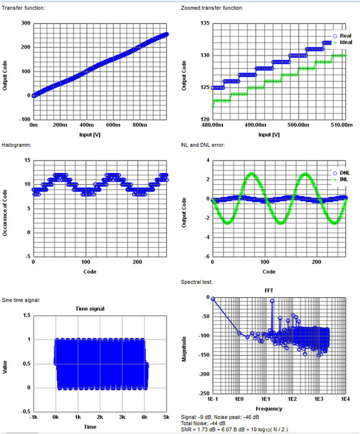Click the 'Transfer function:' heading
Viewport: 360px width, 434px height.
point(24,8)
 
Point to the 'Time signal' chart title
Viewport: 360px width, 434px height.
point(90,309)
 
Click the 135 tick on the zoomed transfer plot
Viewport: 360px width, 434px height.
point(204,23)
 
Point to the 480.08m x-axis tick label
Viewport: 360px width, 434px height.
point(212,125)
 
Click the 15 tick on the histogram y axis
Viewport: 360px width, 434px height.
point(27,160)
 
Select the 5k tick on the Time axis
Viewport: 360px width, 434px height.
point(166,417)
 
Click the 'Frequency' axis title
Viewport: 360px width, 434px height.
point(269,409)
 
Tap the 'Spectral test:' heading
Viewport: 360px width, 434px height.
point(197,282)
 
